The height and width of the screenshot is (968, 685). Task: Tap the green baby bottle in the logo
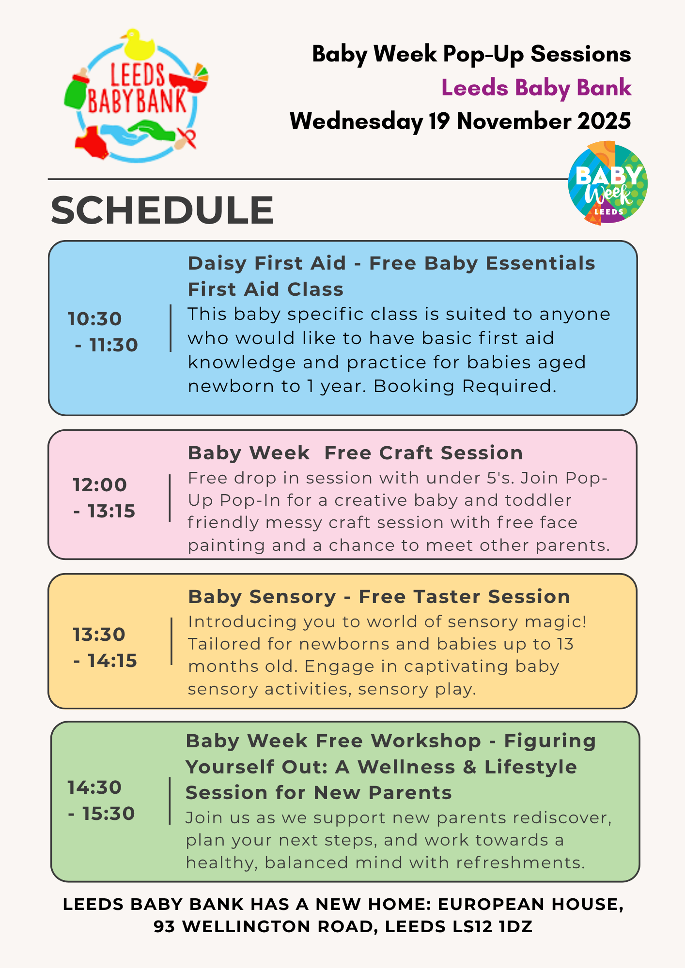76,89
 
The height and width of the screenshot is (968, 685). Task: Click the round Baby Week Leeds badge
608,183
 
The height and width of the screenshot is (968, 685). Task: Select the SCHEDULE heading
162,210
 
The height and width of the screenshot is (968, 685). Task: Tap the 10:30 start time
95,319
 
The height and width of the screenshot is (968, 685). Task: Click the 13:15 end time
111,511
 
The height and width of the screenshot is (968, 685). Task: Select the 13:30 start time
99,635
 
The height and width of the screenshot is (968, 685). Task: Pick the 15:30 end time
109,814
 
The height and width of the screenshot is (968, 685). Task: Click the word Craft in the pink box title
407,453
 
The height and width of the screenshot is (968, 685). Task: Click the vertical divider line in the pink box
170,498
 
